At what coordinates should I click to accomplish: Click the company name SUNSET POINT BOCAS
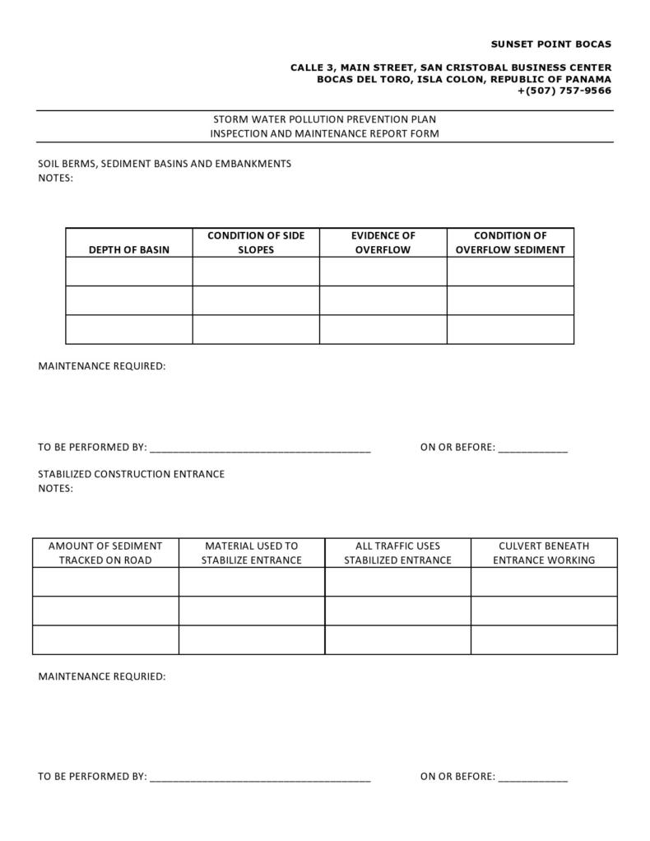(551, 44)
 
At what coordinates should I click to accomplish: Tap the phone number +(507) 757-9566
(564, 91)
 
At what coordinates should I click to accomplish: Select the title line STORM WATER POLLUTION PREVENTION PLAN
(325, 119)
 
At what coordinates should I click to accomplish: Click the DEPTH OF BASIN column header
(129, 249)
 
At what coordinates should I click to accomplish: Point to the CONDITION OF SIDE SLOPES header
(256, 243)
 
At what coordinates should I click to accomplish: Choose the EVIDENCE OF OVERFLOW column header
(383, 243)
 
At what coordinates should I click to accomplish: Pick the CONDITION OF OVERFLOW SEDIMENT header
(510, 243)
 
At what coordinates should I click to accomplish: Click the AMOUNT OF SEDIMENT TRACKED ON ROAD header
(105, 553)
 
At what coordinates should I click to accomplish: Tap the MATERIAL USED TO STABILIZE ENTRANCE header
(252, 553)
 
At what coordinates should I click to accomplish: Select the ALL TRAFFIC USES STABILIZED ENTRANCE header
(397, 553)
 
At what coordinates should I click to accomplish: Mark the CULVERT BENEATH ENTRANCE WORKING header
(544, 553)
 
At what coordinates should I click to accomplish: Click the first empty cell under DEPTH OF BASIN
(129, 272)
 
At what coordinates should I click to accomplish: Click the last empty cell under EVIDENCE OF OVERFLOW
(383, 329)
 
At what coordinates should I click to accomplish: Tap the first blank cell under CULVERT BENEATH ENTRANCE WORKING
(544, 582)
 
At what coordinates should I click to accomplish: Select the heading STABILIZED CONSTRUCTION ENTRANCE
(132, 474)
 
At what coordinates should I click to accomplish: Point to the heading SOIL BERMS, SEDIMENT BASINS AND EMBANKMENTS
(165, 164)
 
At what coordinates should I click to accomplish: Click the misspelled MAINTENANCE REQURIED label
(102, 676)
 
